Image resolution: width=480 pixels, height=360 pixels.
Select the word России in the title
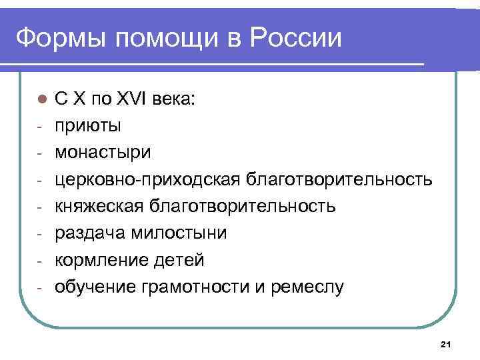[296, 39]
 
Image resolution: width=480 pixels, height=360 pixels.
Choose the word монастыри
[103, 152]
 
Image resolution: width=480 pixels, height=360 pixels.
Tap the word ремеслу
[306, 287]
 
